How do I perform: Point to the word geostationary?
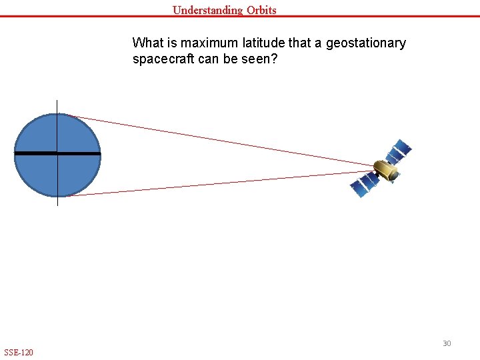[x=365, y=43]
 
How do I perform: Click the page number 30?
[x=447, y=343]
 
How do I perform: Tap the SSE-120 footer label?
[x=19, y=352]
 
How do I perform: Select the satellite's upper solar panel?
[x=400, y=151]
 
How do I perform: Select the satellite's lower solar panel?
[x=363, y=185]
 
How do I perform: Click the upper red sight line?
[x=220, y=140]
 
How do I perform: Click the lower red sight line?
[x=220, y=184]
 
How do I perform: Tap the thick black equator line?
[x=33, y=153]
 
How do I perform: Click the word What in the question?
[x=146, y=43]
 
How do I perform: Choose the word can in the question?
[x=208, y=59]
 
